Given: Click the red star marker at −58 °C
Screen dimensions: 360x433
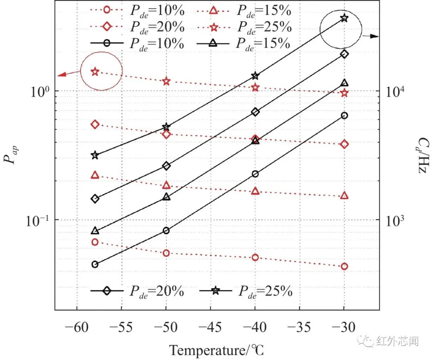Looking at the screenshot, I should [95, 72].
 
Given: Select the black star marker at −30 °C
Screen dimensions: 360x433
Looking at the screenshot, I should [344, 18].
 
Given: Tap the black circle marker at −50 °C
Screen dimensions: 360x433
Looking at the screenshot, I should [166, 230].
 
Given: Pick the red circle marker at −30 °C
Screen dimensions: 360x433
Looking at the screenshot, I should [344, 266].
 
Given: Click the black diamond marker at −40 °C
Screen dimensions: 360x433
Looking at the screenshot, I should [255, 112].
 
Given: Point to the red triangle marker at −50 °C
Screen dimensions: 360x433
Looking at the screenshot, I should [166, 185].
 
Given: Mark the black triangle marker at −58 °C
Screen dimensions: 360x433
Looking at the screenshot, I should [95, 230].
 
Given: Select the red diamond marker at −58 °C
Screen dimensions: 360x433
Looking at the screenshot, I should [95, 124].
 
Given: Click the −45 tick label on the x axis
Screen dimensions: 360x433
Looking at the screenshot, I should [210, 327].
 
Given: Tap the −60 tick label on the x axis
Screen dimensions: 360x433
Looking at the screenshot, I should [77, 327].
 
